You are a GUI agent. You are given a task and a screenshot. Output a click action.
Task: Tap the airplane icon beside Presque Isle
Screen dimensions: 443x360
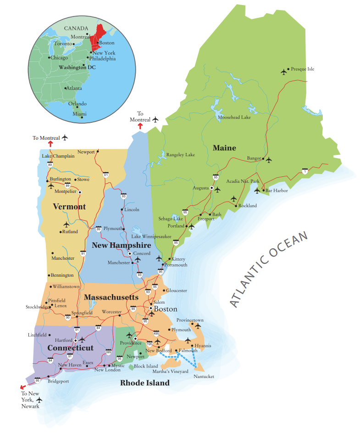click(283, 71)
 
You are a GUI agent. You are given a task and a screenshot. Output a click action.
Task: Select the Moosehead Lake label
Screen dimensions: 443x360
click(234, 118)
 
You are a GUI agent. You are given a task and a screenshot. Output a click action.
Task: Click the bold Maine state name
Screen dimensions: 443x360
click(224, 148)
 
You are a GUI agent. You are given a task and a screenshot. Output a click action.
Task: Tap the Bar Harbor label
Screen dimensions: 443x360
click(277, 191)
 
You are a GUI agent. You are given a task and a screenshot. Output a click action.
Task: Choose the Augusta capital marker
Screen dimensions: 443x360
click(212, 188)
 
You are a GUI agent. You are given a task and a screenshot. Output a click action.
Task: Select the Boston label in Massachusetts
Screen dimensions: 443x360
click(165, 309)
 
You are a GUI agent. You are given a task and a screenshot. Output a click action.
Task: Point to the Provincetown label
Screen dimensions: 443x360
click(190, 320)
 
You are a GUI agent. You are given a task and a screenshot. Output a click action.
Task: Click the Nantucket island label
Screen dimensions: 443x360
click(204, 376)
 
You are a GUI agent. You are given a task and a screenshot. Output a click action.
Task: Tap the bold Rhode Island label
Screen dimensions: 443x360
click(145, 383)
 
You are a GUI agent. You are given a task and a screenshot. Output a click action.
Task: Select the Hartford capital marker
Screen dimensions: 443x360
click(75, 340)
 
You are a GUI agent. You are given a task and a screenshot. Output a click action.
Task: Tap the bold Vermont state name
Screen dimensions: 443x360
click(69, 207)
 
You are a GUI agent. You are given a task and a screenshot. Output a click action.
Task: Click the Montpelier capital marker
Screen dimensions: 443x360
click(79, 192)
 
